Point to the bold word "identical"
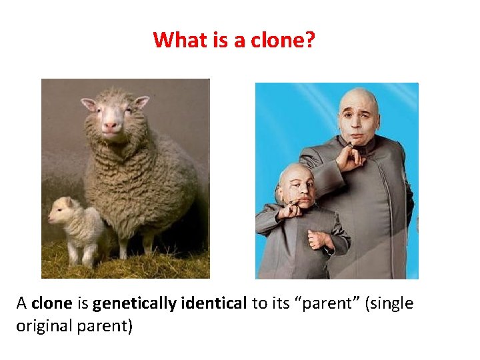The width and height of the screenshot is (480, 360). coord(210,304)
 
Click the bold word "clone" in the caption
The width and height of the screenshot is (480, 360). coord(51,304)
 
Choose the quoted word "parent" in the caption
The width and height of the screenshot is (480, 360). coord(311,304)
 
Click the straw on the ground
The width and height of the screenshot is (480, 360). coord(133,267)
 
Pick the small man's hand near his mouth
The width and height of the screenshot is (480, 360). coord(291,212)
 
